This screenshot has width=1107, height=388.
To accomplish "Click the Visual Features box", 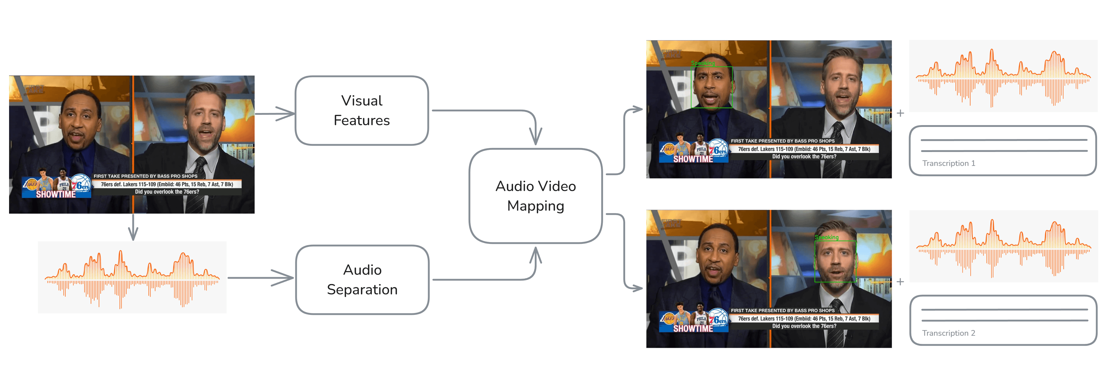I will (x=362, y=110).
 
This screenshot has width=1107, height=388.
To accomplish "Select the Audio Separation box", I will (x=362, y=280).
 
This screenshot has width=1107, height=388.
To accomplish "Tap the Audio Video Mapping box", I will (x=535, y=196).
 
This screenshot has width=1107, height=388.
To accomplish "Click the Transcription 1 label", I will (x=948, y=163).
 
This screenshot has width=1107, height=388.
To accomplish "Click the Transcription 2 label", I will (x=948, y=333).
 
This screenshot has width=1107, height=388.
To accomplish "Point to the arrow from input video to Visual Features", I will (x=275, y=114).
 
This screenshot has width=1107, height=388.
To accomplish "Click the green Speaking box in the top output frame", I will (x=712, y=87).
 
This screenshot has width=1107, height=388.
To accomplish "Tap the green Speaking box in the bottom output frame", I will (x=836, y=261).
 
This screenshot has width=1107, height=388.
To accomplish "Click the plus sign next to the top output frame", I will (x=900, y=113).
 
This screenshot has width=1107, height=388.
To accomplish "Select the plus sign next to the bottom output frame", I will (x=900, y=282).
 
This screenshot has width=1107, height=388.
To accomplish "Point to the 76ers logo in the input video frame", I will (x=80, y=185).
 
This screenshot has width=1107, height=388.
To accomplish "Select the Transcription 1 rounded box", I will (x=1003, y=150).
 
